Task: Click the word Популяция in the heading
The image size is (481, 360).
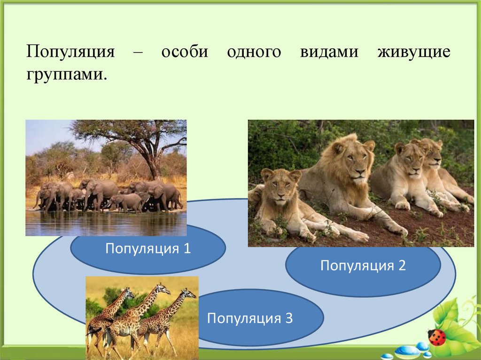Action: (70, 52)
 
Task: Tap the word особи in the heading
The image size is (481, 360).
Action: (185, 51)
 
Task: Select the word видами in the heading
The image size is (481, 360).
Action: (329, 52)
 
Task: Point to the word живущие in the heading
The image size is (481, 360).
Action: (414, 52)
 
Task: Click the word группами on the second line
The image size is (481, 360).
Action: (67, 75)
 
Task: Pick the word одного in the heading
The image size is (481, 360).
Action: (254, 52)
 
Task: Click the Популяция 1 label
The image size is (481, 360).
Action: (148, 248)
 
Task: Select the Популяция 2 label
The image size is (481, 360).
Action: (363, 265)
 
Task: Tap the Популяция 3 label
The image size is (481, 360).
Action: (250, 318)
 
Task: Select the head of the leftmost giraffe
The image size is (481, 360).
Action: (129, 293)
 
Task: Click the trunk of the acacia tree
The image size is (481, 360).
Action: (154, 166)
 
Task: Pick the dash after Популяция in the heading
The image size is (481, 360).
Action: (138, 53)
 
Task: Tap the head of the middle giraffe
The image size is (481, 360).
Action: (163, 289)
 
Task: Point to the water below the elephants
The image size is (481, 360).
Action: (106, 224)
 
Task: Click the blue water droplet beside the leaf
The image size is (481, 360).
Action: (404, 350)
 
